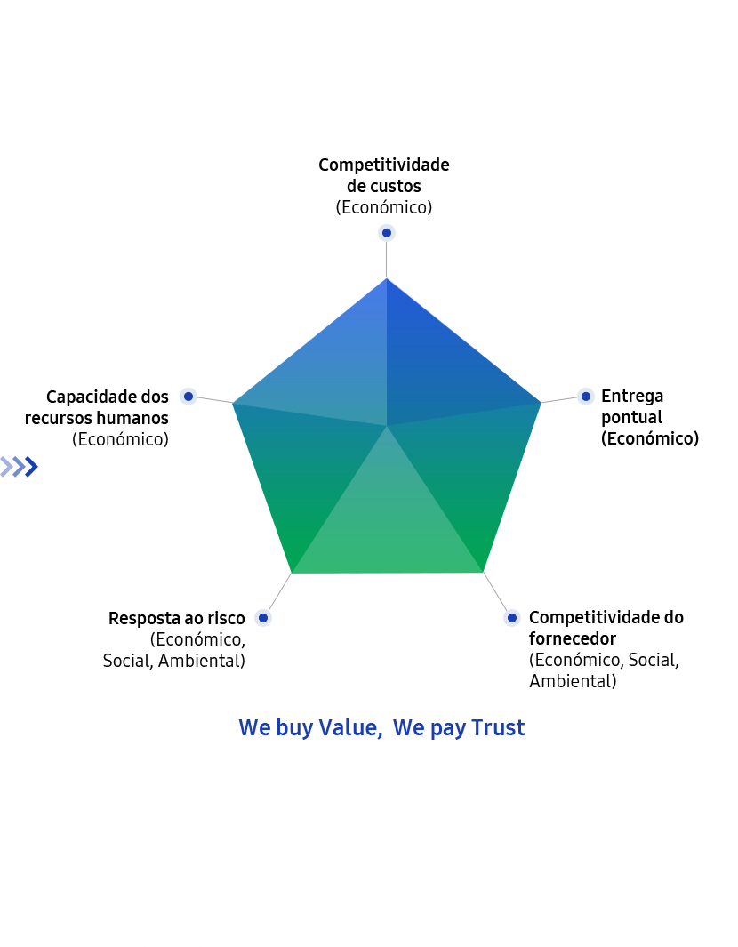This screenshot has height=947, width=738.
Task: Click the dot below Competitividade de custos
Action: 387,232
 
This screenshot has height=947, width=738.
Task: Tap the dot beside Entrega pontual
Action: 585,397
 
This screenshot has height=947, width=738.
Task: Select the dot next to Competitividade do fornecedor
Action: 511,617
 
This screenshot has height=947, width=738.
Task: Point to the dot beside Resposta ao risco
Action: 262,618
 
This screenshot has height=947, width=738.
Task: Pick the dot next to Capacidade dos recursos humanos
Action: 189,397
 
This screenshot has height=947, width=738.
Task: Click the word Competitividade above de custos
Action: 384,165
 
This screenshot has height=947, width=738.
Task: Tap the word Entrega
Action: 632,396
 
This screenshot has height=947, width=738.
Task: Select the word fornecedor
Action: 573,638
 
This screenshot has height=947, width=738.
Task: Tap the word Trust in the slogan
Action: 498,727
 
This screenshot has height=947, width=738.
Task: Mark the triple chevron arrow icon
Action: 20,467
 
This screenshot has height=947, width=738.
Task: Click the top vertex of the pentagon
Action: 387,278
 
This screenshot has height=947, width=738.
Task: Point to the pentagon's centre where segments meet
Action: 387,426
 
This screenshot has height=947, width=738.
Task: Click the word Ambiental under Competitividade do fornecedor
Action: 573,681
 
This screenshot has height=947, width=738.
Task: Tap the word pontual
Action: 631,417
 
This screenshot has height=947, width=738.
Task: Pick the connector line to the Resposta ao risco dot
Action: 279,592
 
